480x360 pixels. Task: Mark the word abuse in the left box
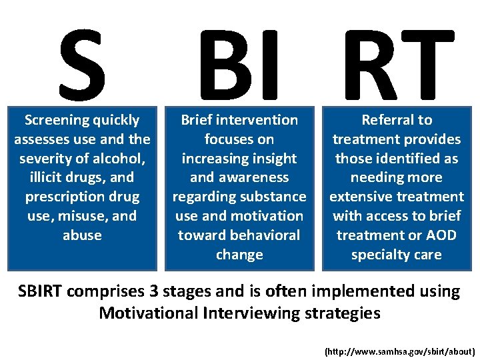coord(82,235)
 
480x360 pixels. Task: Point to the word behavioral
coord(265,235)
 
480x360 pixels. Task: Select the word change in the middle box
coord(239,255)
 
